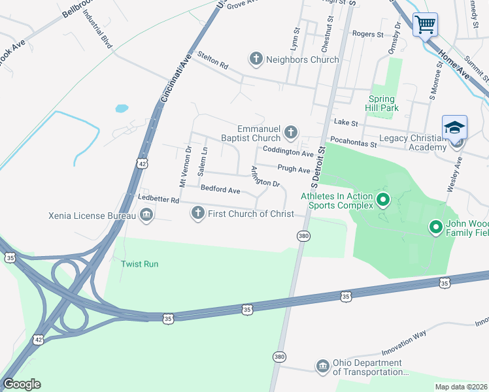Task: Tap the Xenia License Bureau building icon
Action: (146, 215)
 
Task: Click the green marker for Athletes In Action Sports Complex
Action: (383, 198)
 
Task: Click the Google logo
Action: (22, 384)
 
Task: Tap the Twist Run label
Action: (140, 264)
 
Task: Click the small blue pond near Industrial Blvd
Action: (122, 108)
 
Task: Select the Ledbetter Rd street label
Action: (158, 199)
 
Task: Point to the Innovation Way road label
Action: (404, 342)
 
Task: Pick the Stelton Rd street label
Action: (214, 65)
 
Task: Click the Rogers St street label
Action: (367, 34)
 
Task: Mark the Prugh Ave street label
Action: (294, 169)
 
